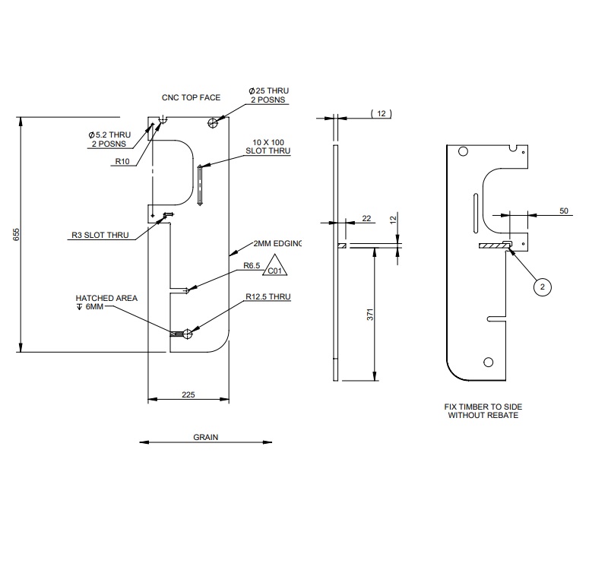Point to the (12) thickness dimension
[380, 113]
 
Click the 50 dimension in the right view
[564, 211]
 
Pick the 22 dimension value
[367, 219]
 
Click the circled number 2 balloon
[542, 287]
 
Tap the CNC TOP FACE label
[191, 98]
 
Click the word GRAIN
[205, 438]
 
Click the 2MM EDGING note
[277, 243]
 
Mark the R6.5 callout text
[252, 265]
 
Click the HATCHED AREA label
[106, 299]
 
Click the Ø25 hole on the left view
[216, 122]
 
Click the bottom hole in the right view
[486, 361]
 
